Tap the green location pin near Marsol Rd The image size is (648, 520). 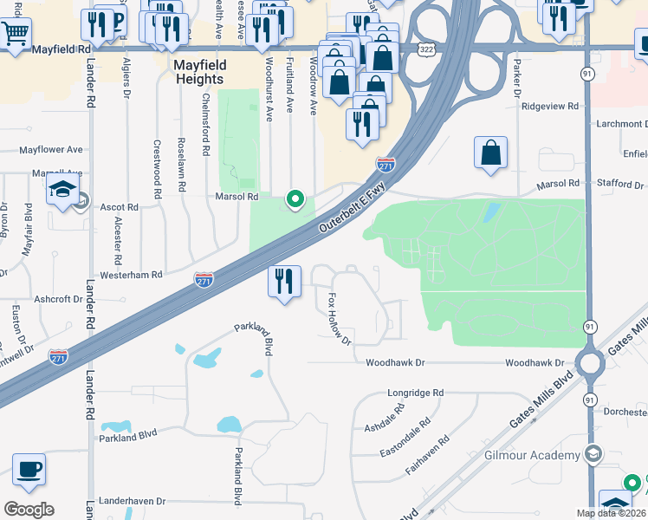(295, 199)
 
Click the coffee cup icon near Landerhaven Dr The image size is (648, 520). (29, 470)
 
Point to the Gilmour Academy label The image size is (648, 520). (532, 455)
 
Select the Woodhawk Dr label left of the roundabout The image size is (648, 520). (396, 362)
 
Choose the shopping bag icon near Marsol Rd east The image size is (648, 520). (490, 153)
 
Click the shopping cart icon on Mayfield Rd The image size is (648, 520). (15, 34)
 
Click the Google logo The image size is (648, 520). (29, 510)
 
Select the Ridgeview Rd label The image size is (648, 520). (549, 106)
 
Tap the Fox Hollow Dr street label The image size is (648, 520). (339, 319)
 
